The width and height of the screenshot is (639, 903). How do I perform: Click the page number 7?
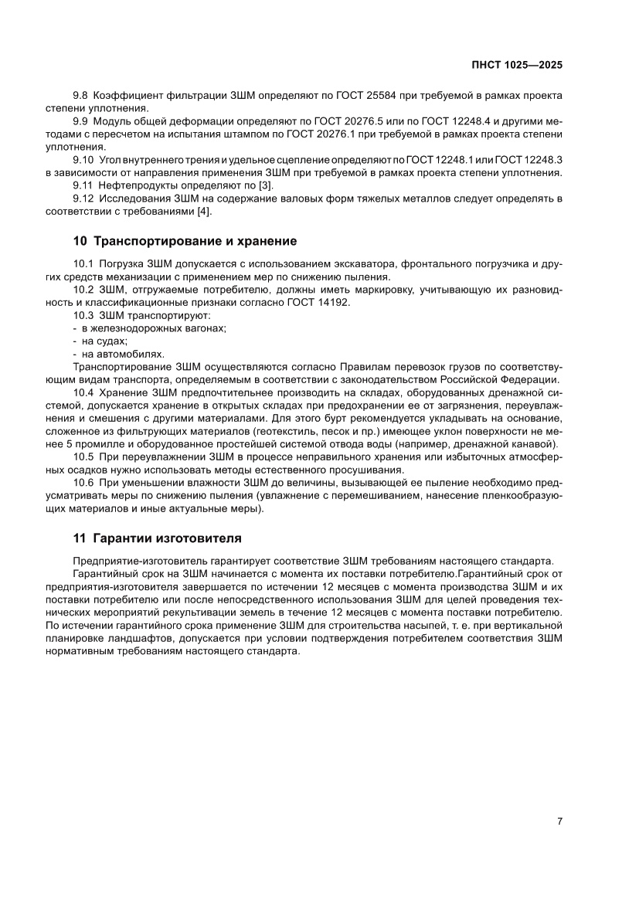[559, 822]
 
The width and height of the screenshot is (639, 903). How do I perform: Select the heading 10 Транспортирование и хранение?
[185, 241]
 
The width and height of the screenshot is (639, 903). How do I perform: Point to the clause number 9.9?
[81, 121]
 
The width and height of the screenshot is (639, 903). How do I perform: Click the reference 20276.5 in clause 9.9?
[332, 121]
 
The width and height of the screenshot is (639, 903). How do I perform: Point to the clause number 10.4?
[83, 392]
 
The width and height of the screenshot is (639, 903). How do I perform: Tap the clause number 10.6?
[83, 483]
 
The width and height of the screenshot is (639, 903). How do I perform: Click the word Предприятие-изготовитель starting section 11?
[138, 561]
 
